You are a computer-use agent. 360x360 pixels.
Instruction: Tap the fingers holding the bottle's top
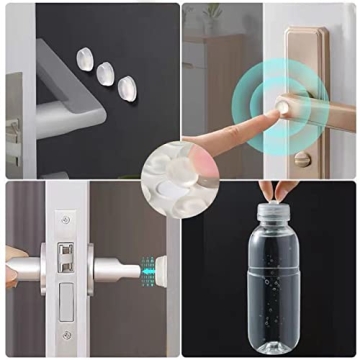271,189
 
